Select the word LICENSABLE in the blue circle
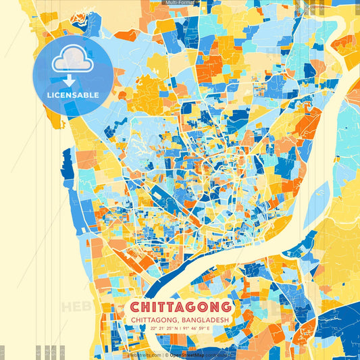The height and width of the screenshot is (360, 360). pyautogui.click(x=73, y=95)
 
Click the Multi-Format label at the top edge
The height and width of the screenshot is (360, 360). pyautogui.click(x=180, y=3)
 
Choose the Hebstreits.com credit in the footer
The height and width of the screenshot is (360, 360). pyautogui.click(x=145, y=355)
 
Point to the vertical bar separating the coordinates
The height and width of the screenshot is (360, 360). pyautogui.click(x=181, y=328)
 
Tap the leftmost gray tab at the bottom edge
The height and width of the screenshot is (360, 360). pyautogui.click(x=2, y=353)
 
